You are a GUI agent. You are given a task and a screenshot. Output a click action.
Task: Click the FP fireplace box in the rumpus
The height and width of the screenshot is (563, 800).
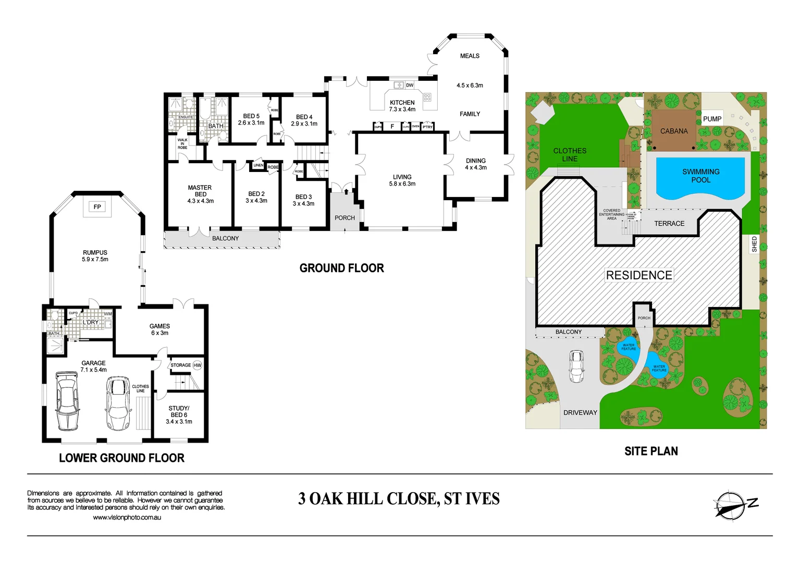97,207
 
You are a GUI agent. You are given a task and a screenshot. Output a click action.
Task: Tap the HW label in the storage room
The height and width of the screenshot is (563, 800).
197,365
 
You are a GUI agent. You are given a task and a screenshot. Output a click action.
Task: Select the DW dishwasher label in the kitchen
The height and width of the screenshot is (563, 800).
410,85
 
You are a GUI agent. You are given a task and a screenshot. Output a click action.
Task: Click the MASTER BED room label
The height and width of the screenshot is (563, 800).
200,194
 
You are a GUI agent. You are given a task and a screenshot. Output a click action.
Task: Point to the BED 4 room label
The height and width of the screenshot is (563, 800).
304,120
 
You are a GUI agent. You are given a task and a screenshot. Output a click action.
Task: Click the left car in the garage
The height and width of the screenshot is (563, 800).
68,400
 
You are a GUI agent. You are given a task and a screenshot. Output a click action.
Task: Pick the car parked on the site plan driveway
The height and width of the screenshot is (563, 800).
576,366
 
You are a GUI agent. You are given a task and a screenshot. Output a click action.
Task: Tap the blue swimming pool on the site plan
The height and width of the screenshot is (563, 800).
700,178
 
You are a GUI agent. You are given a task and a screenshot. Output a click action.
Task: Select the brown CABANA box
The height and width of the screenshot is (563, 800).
674,130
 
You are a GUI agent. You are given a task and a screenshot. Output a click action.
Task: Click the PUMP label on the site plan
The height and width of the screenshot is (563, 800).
712,119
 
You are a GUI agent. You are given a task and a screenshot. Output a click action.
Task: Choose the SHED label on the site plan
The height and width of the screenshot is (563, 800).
754,244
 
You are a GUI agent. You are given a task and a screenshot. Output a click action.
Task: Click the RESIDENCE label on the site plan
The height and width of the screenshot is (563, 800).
639,275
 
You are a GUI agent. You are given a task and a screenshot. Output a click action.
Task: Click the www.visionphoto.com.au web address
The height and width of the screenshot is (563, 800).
127,518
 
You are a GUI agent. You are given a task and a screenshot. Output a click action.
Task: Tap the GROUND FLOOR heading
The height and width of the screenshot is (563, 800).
341,268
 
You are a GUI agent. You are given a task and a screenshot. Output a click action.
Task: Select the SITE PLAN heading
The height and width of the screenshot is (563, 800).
651,451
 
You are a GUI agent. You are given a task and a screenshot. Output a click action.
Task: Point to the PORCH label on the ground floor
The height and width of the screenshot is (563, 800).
344,218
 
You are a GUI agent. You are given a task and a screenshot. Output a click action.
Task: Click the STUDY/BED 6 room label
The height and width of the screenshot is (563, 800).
179,415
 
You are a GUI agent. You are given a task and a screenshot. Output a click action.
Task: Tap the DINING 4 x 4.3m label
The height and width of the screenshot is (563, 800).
475,164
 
